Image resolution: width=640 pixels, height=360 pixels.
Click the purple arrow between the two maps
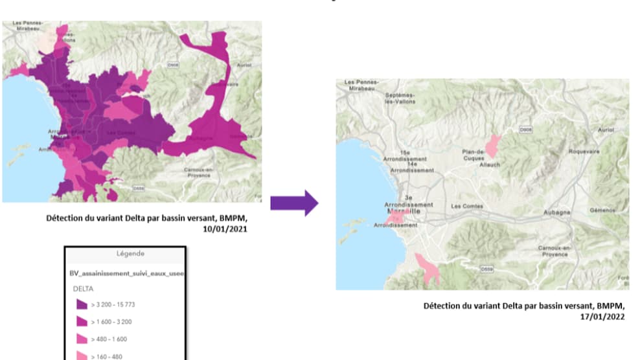293,203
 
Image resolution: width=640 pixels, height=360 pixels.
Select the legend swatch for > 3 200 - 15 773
82,304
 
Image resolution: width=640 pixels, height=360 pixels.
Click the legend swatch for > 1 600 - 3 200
82,321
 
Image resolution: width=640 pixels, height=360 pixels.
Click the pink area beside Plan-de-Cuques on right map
494,146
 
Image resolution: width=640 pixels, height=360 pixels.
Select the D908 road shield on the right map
525,130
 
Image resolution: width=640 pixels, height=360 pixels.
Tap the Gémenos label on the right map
602,210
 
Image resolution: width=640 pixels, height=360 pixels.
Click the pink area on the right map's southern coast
428,268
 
